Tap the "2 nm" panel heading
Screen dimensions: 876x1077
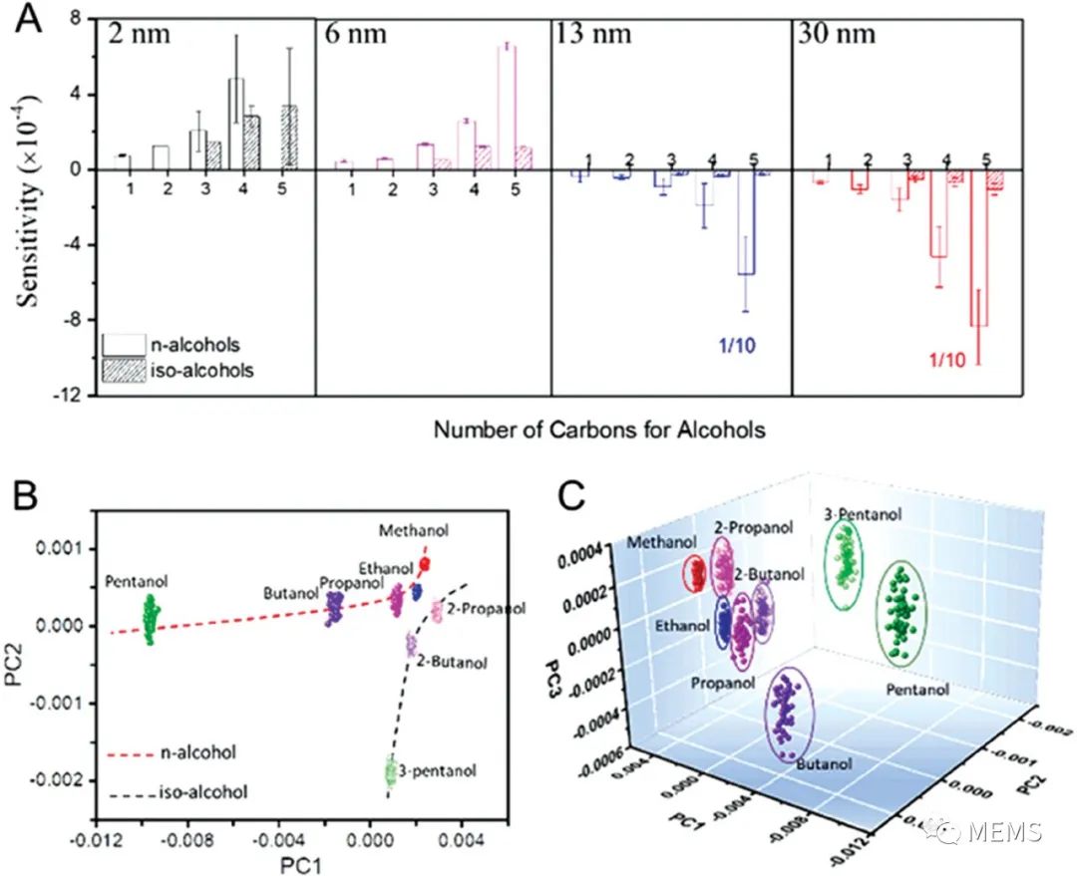[140, 34]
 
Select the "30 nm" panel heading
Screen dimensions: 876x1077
[836, 34]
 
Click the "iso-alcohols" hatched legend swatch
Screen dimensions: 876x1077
[120, 370]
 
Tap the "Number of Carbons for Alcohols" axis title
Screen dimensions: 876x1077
[598, 431]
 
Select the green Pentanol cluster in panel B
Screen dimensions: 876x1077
[150, 619]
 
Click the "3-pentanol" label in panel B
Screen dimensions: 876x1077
[431, 770]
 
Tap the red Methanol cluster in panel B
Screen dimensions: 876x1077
[424, 565]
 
